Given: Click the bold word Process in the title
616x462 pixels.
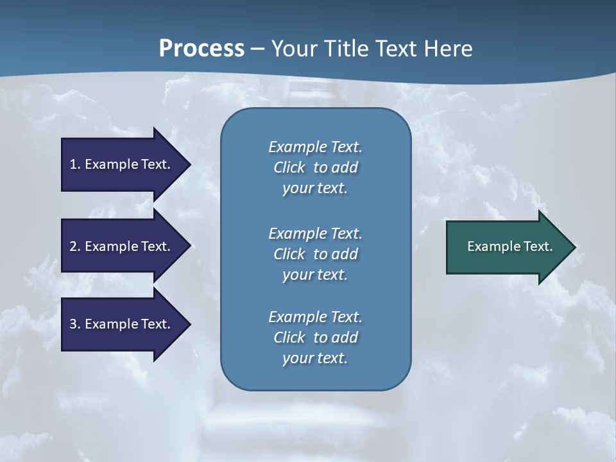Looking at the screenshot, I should [x=201, y=49].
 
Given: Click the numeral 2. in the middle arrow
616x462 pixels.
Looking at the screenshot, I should [x=74, y=246].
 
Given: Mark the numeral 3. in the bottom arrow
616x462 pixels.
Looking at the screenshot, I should [x=74, y=324].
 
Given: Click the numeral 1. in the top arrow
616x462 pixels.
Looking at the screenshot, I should [x=74, y=164].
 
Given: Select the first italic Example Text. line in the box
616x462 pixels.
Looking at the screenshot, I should [x=315, y=147].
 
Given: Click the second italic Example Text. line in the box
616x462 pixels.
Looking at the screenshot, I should [x=315, y=233].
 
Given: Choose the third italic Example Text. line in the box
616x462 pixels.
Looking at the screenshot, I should [x=315, y=317].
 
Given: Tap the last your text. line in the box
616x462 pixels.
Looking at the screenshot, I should [x=315, y=358].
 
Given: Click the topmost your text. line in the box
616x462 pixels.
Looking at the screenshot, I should [x=315, y=188].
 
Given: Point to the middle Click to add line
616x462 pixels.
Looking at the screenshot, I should [x=315, y=254].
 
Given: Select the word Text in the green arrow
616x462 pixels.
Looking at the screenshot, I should [x=538, y=246].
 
